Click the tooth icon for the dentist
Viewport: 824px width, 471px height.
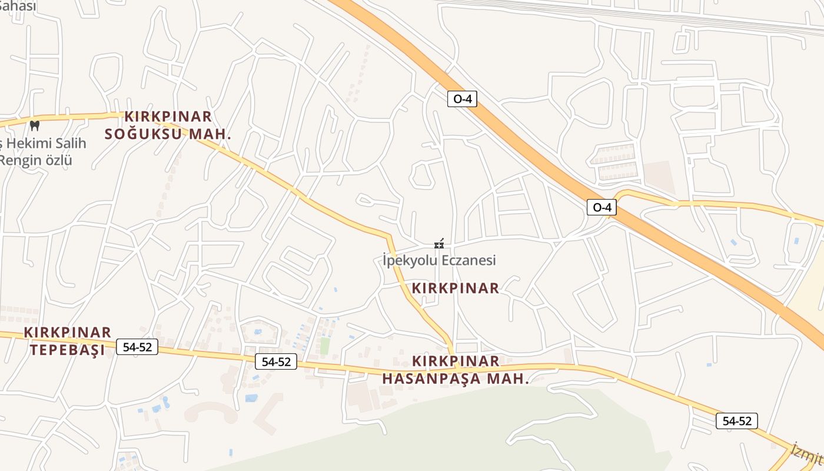[x=34, y=125]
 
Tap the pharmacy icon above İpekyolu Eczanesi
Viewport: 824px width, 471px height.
[x=438, y=244]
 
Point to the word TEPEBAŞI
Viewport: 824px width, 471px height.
[x=67, y=350]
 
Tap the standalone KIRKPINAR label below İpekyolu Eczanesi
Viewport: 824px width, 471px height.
[x=456, y=288]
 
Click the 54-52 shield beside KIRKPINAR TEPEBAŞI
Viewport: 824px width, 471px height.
[x=138, y=347]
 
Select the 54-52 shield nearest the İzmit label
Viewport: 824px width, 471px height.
[x=737, y=421]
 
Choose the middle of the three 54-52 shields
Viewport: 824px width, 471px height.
[x=276, y=361]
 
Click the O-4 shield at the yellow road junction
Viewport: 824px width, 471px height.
[x=602, y=207]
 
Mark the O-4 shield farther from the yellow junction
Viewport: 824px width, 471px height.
[x=462, y=99]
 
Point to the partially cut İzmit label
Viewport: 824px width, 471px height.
[x=806, y=452]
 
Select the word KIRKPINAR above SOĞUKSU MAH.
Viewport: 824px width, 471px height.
[x=168, y=117]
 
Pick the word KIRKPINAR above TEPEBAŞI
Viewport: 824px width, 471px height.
[x=68, y=333]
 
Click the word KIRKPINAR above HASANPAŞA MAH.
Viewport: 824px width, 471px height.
[x=456, y=361]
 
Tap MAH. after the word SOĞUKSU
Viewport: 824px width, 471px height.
[x=210, y=134]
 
